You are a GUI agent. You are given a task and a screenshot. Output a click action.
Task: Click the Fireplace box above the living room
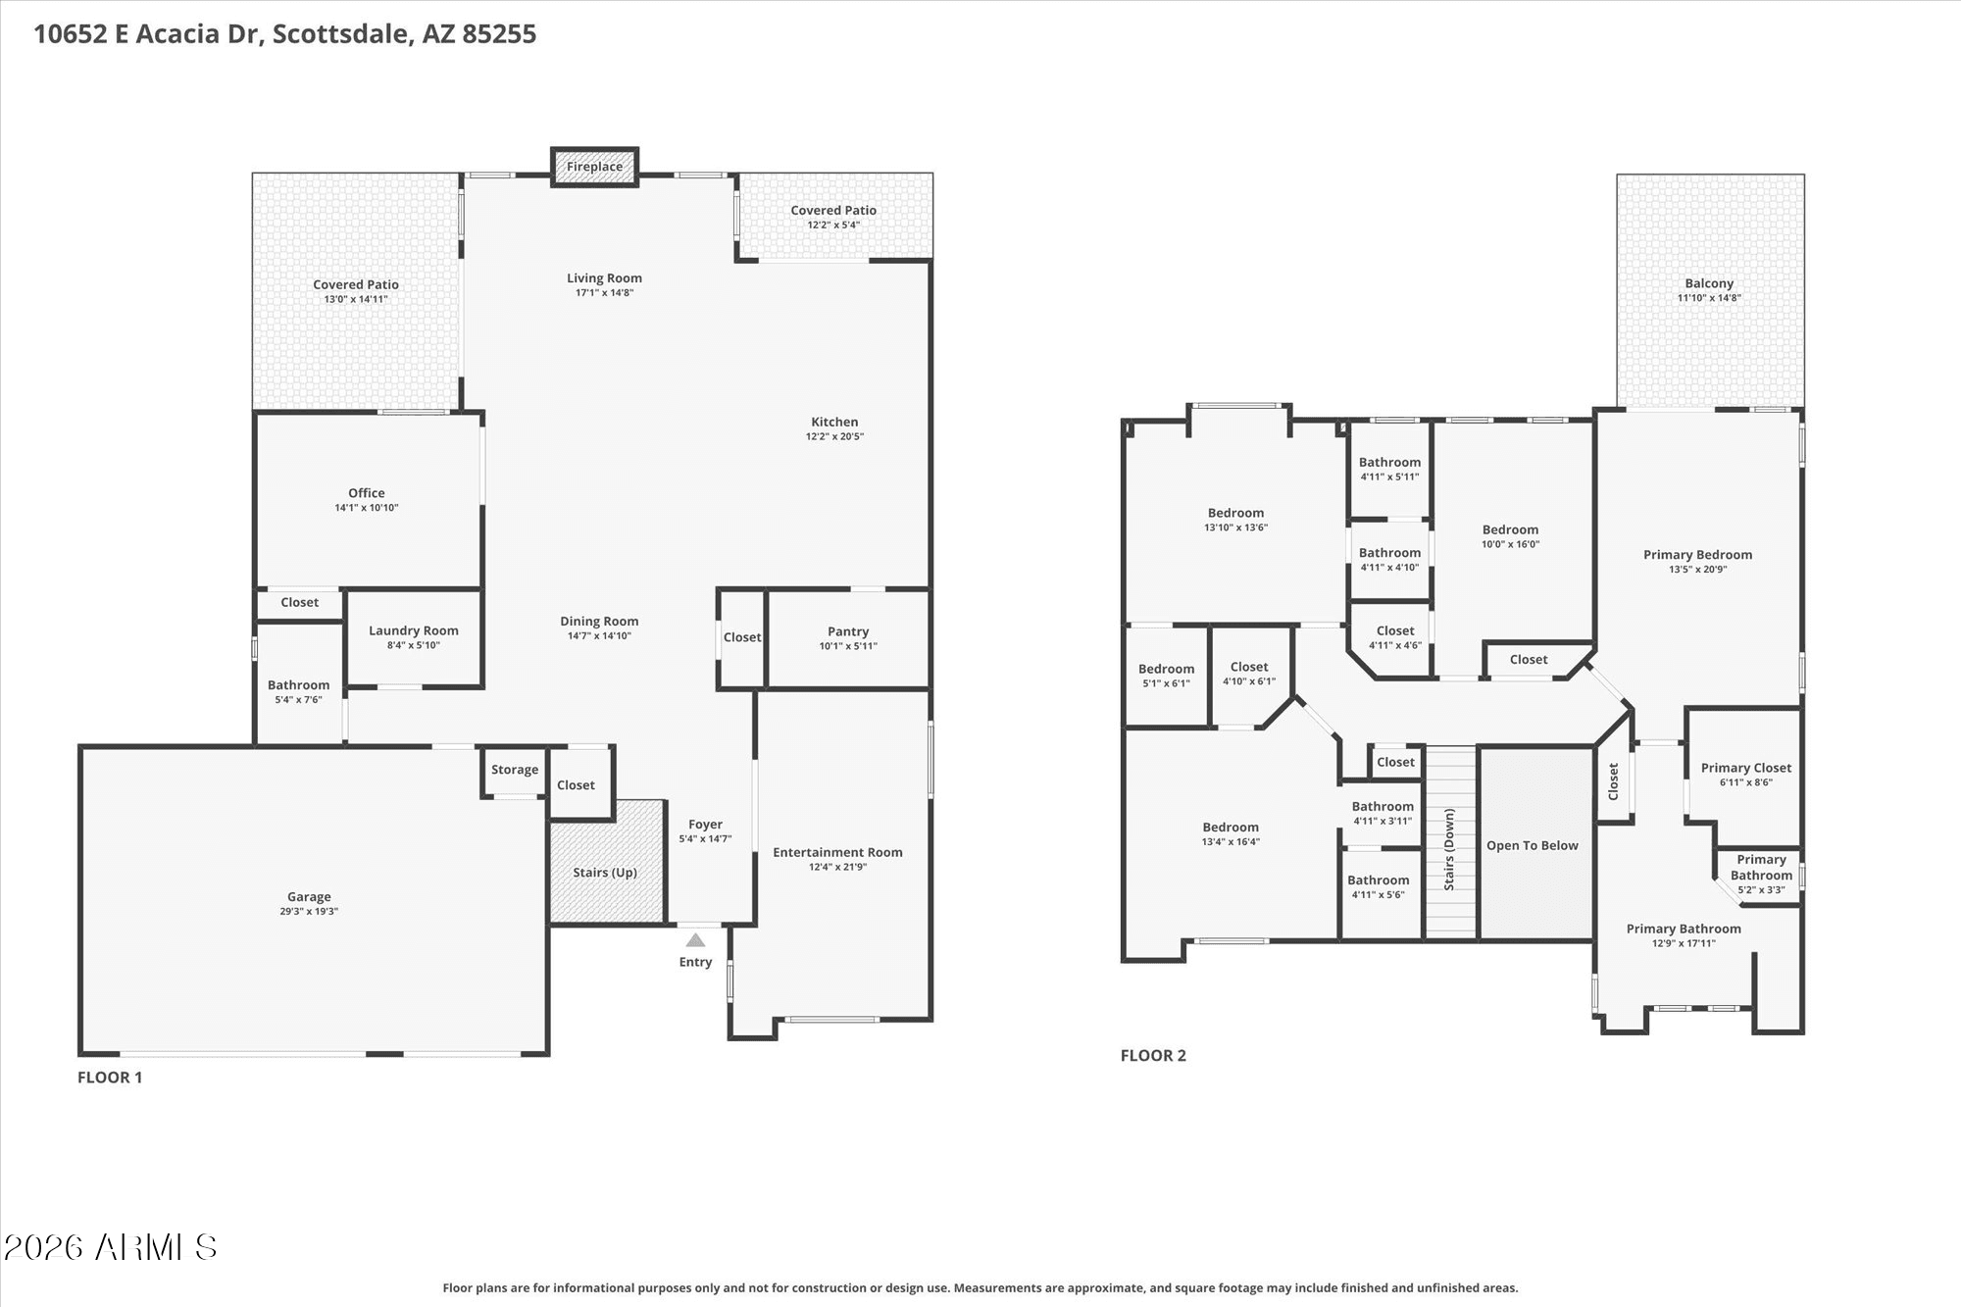(x=594, y=167)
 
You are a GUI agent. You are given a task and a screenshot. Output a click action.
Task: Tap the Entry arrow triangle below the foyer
(x=695, y=940)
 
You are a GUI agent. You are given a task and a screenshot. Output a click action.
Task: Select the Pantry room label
(x=848, y=631)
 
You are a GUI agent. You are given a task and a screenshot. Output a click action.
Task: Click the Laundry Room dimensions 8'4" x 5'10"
(x=414, y=645)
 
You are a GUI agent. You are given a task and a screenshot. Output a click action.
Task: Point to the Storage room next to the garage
(x=514, y=771)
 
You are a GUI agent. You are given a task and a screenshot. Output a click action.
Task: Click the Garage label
(x=309, y=896)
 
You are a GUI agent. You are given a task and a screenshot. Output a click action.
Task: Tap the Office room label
(x=366, y=493)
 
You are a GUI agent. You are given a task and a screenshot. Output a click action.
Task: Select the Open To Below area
(x=1533, y=845)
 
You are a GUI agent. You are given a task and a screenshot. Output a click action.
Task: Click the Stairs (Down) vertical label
(x=1449, y=849)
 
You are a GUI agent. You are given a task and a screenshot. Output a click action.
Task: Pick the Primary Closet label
(x=1745, y=768)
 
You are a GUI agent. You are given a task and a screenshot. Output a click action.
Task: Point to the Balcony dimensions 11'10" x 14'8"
(x=1709, y=298)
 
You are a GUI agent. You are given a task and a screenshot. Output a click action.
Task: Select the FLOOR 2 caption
(x=1153, y=1055)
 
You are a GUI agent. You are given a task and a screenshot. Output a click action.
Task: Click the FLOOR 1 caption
(x=110, y=1077)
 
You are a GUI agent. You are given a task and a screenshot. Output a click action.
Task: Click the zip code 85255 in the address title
(x=499, y=34)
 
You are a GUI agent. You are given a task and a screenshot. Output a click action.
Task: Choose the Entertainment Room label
(x=837, y=852)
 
